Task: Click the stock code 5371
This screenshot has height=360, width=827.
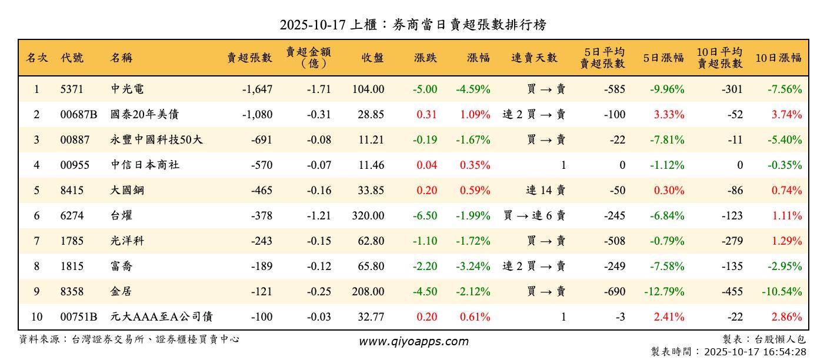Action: click(x=72, y=89)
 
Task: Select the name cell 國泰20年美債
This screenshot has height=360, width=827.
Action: click(x=144, y=115)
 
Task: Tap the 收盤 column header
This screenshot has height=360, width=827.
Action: click(x=372, y=58)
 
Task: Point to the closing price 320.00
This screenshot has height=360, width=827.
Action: click(x=368, y=216)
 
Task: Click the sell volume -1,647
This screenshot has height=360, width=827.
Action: click(x=257, y=89)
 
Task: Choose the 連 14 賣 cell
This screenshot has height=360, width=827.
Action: click(x=545, y=191)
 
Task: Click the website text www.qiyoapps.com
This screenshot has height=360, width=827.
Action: click(x=413, y=342)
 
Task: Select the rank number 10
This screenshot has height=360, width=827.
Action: click(x=36, y=317)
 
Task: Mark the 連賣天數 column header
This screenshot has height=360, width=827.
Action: click(x=534, y=58)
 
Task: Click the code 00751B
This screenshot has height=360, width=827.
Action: click(x=79, y=317)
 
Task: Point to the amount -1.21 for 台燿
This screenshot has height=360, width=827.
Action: click(x=319, y=216)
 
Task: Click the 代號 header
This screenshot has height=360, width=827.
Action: click(x=72, y=58)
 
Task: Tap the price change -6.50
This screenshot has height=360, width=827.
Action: click(x=425, y=216)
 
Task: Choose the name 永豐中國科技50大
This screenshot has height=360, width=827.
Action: click(x=157, y=140)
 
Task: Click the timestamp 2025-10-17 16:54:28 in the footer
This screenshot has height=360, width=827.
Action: click(x=755, y=352)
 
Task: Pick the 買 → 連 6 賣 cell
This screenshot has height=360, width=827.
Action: click(x=534, y=216)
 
